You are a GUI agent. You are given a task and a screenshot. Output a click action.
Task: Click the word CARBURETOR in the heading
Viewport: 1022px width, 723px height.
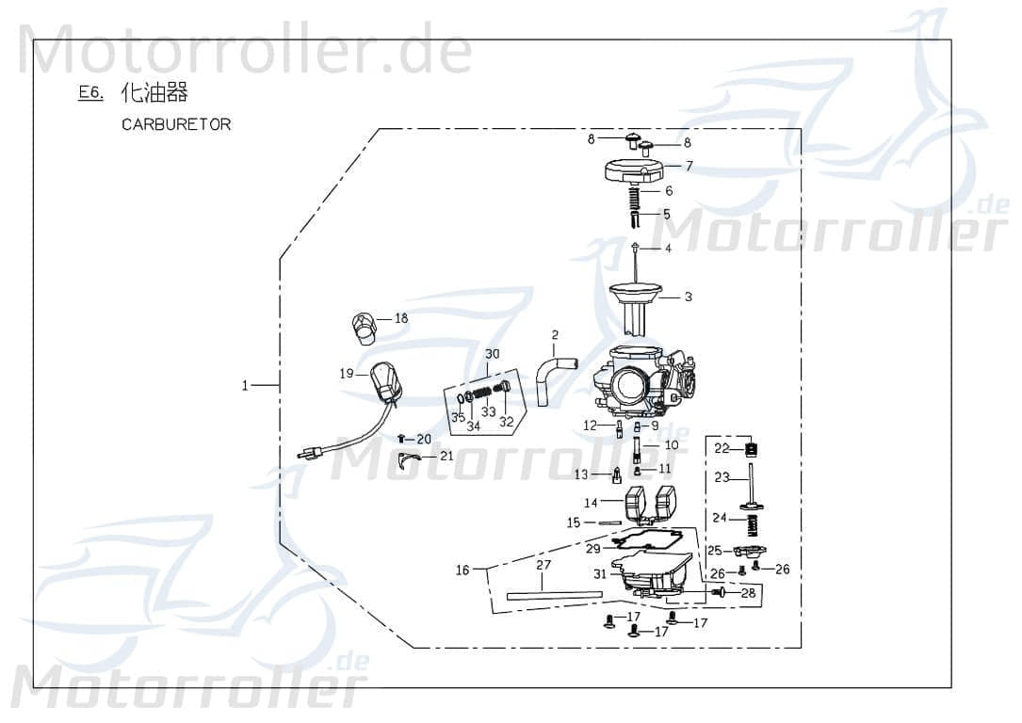175,124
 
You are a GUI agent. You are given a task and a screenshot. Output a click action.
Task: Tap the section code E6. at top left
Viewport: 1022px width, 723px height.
90,93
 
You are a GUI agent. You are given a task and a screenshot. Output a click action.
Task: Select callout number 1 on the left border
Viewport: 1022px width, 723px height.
246,385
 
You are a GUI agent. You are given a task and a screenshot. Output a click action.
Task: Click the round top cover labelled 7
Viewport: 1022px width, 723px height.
633,173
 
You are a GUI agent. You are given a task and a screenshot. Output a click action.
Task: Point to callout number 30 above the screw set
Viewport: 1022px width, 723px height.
492,354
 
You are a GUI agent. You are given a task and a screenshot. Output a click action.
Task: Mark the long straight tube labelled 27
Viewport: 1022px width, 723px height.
553,594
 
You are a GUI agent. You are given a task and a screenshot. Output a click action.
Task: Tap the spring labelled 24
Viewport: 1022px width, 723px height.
752,522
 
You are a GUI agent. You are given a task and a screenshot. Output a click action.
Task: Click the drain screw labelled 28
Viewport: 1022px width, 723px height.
722,593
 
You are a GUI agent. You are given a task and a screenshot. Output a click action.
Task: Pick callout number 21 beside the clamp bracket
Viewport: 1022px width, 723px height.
446,456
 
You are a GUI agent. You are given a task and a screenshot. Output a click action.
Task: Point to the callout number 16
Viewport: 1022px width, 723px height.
462,570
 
